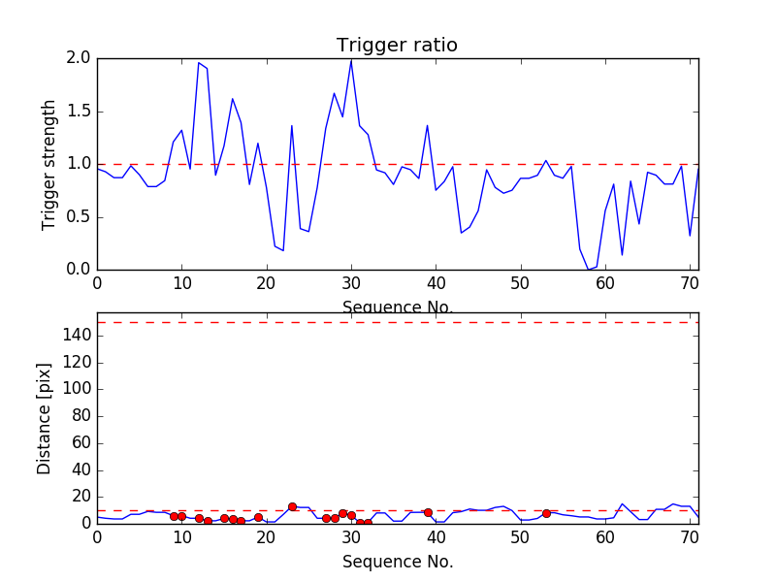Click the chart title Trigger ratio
click(397, 46)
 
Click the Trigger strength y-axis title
click(49, 164)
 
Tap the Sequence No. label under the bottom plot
click(398, 562)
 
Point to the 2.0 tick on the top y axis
click(79, 58)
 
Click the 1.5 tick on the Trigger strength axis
click(79, 112)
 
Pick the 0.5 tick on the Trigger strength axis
click(79, 216)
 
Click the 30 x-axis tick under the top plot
click(351, 283)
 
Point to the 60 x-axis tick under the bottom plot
click(605, 536)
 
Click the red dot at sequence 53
click(546, 513)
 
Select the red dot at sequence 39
click(428, 512)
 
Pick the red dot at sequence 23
click(292, 506)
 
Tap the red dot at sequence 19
click(258, 518)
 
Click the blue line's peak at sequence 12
click(199, 63)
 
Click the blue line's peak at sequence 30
click(351, 60)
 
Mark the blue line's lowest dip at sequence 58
click(589, 269)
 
